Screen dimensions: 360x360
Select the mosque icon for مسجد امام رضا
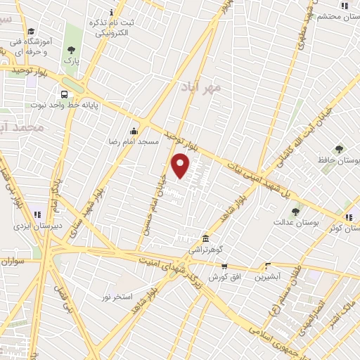(134, 131)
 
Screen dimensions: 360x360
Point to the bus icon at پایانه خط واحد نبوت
(65, 94)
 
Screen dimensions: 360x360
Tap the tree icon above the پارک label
(70, 50)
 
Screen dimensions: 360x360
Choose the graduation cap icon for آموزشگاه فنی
(31, 32)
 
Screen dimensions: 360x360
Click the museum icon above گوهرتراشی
(205, 238)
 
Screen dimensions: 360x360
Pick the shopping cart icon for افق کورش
(224, 266)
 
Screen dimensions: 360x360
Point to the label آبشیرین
(267, 276)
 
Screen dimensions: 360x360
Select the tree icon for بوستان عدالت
(295, 211)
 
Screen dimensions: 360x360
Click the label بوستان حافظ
(339, 160)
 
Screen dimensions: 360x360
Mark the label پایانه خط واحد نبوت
(65, 105)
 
